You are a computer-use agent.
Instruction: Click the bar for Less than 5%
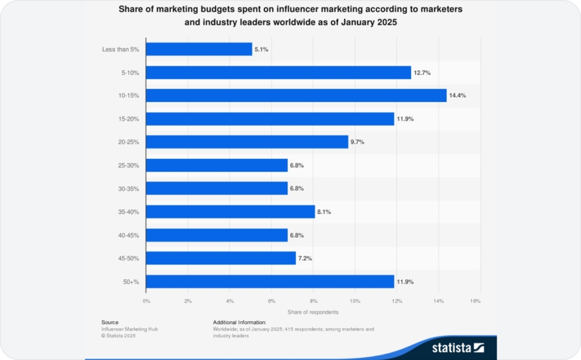(199, 49)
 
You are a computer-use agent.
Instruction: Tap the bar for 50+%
(270, 282)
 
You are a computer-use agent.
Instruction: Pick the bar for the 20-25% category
(247, 142)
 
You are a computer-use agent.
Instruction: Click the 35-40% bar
(230, 212)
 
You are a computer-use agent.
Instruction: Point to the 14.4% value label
(457, 96)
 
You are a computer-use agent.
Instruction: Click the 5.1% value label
(262, 49)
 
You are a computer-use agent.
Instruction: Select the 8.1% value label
(324, 212)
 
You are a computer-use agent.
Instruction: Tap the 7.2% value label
(305, 259)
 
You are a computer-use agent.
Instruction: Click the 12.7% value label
(420, 73)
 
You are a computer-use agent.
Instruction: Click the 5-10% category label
(130, 73)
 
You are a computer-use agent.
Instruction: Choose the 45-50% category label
(129, 259)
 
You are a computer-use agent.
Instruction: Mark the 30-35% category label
(129, 189)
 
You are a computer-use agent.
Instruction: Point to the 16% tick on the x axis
(475, 300)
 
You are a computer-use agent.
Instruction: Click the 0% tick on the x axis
(146, 300)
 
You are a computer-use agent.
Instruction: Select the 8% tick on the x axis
(314, 300)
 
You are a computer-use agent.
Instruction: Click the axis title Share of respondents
(313, 312)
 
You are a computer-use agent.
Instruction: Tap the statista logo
(457, 348)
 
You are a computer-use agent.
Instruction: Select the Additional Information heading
(235, 322)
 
